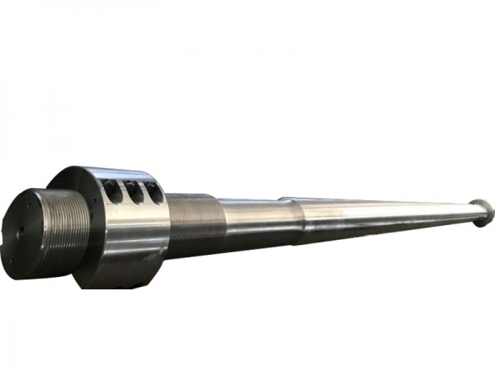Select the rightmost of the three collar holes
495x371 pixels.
153,192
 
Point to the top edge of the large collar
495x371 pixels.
107,169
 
